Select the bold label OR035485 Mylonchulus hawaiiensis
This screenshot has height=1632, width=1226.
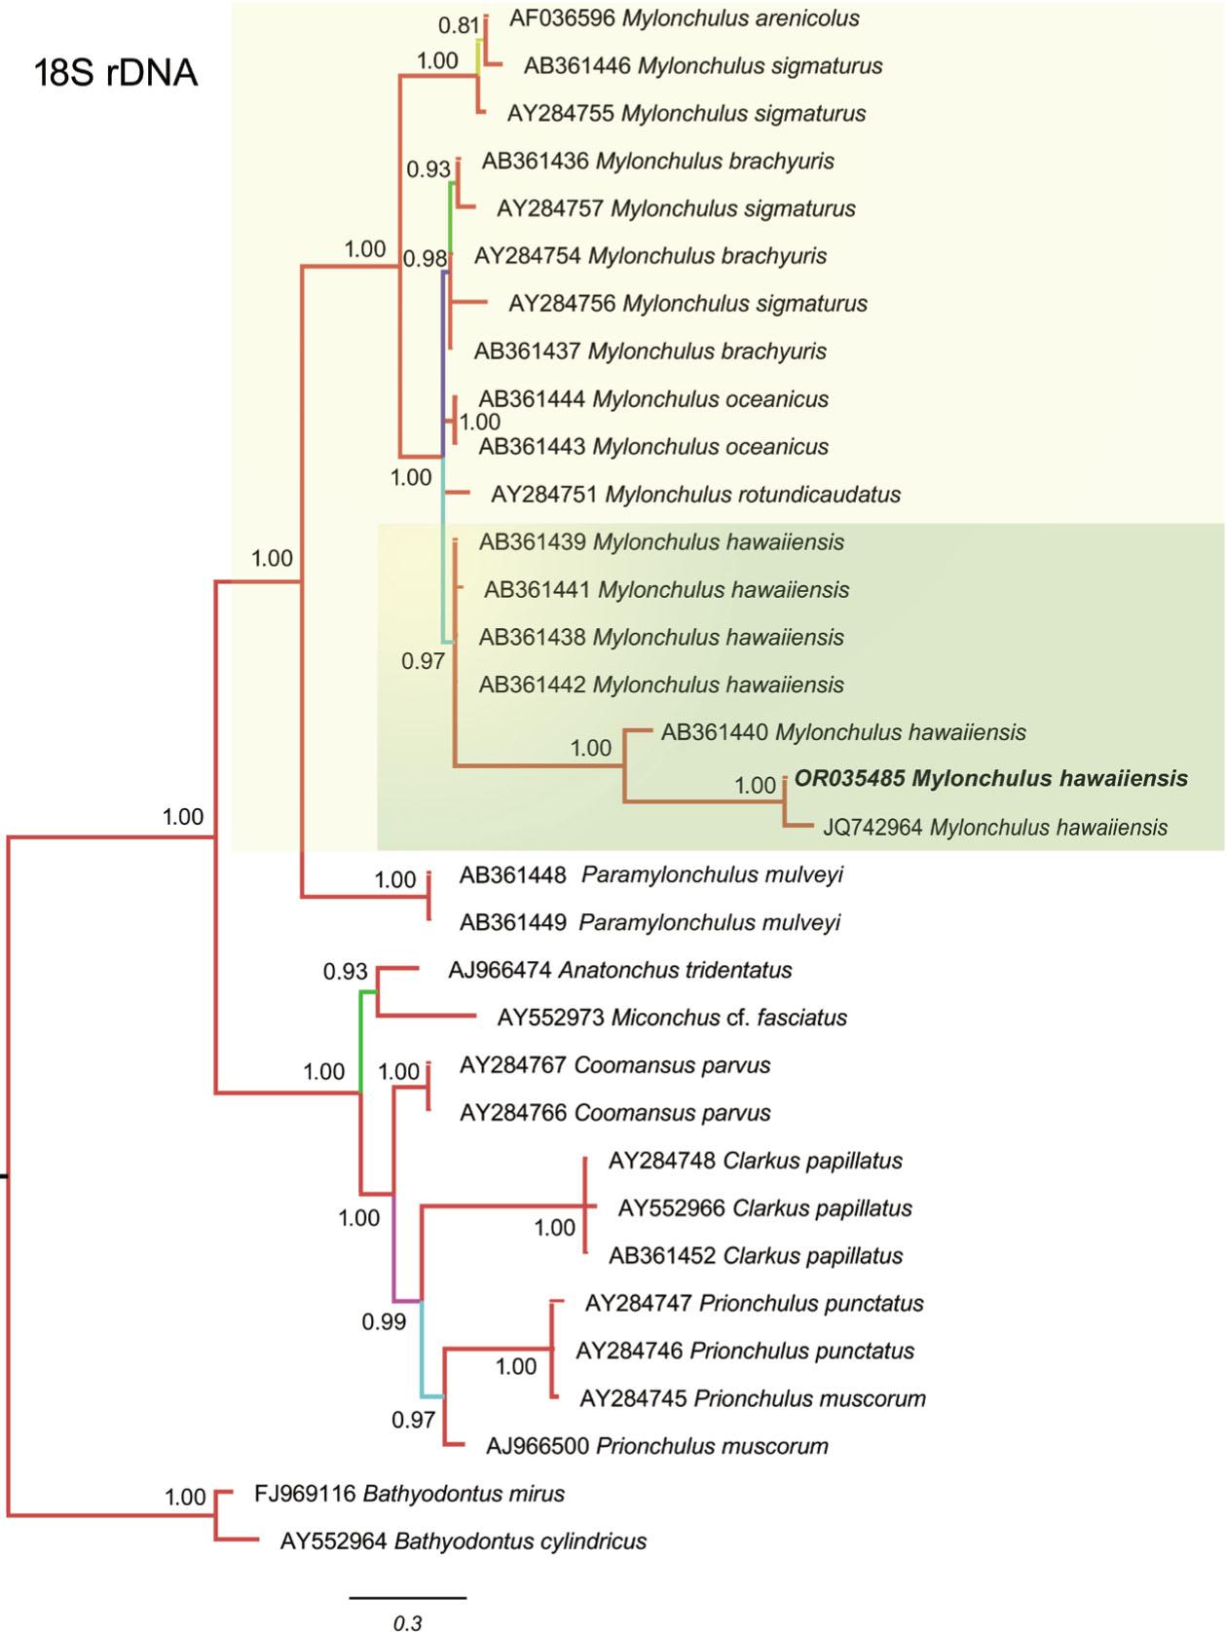(991, 779)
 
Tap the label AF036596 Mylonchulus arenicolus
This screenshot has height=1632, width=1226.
(684, 19)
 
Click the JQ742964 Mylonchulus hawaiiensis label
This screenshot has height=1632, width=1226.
(995, 828)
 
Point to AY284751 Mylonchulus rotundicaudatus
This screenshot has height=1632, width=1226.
(695, 495)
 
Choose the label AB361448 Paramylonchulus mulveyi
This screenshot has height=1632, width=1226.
(650, 875)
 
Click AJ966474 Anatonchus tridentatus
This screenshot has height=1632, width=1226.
(619, 971)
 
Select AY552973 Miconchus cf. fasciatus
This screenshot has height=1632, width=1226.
(672, 1019)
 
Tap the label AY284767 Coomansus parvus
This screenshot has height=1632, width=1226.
(614, 1066)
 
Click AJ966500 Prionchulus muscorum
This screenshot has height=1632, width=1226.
(657, 1447)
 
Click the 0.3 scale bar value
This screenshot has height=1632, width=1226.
(408, 1622)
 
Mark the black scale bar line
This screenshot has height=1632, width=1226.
(408, 1598)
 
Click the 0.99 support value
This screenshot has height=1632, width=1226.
(384, 1322)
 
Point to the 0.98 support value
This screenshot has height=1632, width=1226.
(425, 259)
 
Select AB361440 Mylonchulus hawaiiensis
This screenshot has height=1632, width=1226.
(843, 732)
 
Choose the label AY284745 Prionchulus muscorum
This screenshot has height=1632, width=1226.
(752, 1399)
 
